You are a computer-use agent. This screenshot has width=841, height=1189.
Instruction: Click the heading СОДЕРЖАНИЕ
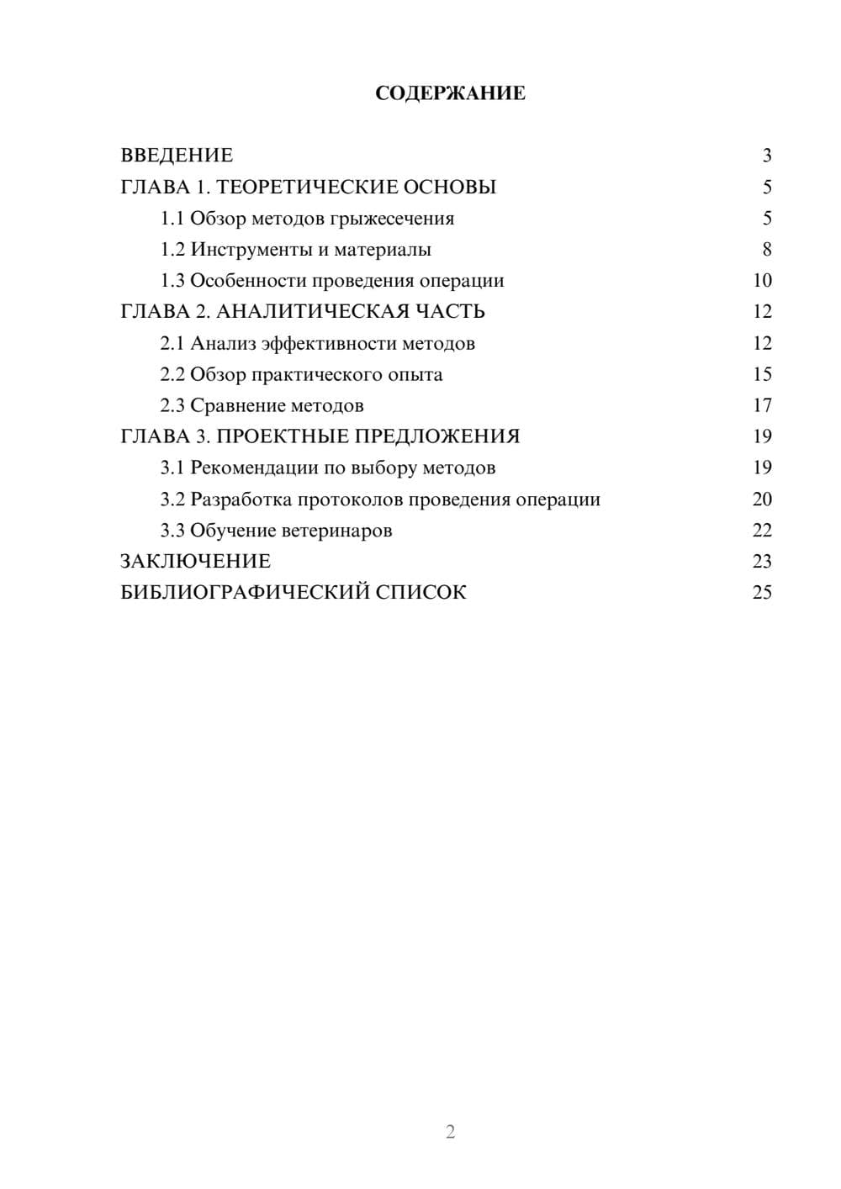(450, 93)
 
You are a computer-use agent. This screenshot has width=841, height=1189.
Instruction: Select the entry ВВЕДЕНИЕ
(177, 156)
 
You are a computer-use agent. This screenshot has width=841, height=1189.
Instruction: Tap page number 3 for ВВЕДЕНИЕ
(766, 156)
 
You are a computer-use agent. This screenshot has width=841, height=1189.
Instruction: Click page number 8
(766, 250)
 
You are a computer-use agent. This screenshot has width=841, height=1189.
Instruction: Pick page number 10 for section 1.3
(762, 281)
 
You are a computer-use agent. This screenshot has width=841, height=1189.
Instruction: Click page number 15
(762, 374)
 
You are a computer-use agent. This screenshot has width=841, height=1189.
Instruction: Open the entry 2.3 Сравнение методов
(262, 405)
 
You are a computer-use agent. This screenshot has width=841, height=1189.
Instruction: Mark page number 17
(762, 405)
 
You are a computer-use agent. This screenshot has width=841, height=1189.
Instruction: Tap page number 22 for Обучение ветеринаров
(762, 531)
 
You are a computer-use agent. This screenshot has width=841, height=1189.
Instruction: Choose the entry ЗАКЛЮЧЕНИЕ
(195, 562)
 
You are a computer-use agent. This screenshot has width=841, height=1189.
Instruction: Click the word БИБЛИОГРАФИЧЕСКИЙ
(245, 593)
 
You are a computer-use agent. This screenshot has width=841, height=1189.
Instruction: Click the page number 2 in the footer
(450, 1132)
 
